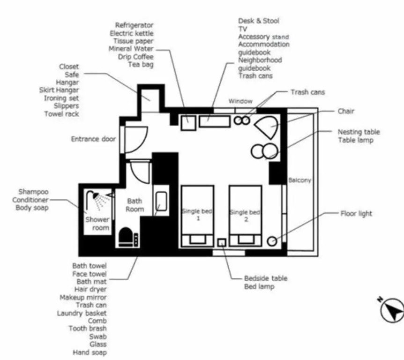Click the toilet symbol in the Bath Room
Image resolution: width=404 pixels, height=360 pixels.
pyautogui.click(x=126, y=237)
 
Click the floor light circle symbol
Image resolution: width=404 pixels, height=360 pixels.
pyautogui.click(x=272, y=241)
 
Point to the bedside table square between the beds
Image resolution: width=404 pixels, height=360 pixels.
pyautogui.click(x=222, y=242)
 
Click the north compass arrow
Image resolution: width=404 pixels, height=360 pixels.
pyautogui.click(x=392, y=310)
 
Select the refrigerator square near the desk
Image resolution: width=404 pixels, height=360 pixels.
pyautogui.click(x=188, y=123)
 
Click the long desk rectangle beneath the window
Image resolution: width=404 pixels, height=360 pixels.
pyautogui.click(x=215, y=121)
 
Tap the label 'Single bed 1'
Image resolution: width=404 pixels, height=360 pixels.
pyautogui.click(x=197, y=215)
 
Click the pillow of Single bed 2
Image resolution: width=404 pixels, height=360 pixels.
pyautogui.click(x=246, y=239)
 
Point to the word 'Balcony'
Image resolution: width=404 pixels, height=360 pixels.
pyautogui.click(x=299, y=180)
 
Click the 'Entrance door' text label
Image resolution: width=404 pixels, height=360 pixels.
pyautogui.click(x=93, y=139)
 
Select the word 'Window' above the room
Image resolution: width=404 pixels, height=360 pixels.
pyautogui.click(x=240, y=101)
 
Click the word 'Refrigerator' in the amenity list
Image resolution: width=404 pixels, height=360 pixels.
pyautogui.click(x=134, y=25)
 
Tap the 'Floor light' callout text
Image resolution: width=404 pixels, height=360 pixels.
pyautogui.click(x=356, y=214)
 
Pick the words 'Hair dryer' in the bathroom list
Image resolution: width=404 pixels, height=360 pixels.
pyautogui.click(x=90, y=289)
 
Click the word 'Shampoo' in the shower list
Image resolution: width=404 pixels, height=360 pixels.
pyautogui.click(x=33, y=192)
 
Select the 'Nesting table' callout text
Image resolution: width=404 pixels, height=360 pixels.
pyautogui.click(x=359, y=132)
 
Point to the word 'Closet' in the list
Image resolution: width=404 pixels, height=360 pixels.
pyautogui.click(x=69, y=67)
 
